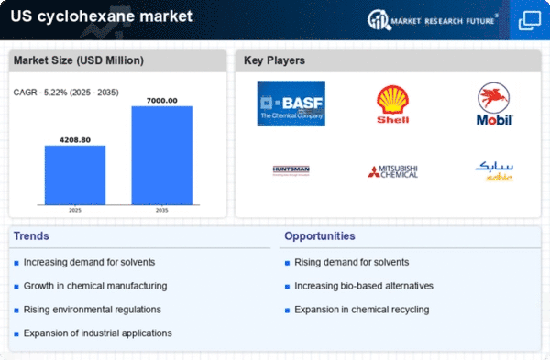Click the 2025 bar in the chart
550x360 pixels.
click(74, 174)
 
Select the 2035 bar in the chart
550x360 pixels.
click(161, 155)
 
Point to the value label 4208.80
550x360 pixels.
click(74, 139)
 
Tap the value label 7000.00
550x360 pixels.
click(161, 100)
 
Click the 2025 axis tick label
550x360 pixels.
click(74, 209)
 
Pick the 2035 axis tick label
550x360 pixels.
click(161, 209)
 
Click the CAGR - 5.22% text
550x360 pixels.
click(63, 92)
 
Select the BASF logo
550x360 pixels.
click(291, 104)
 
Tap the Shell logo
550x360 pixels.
click(393, 104)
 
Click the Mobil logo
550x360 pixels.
click(495, 104)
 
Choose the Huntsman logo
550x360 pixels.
click(291, 170)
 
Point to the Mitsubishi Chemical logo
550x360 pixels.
click(393, 170)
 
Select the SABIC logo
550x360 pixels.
click(495, 169)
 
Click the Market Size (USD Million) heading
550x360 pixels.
click(78, 60)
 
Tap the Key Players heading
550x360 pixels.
click(274, 60)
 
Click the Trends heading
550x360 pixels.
click(32, 236)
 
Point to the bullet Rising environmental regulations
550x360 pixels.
click(92, 310)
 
